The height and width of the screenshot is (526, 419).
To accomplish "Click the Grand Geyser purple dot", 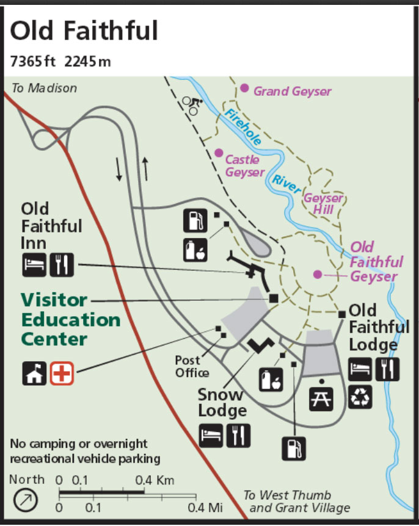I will (244, 88).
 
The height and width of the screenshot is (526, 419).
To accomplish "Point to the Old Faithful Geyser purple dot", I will (317, 275).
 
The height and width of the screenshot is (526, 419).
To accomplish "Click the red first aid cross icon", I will (62, 373).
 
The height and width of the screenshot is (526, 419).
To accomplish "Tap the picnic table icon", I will (322, 397).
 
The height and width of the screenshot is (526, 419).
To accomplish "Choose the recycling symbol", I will (360, 397).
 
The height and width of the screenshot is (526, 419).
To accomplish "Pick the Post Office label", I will (192, 366).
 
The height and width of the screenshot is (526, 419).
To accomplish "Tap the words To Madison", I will (45, 88).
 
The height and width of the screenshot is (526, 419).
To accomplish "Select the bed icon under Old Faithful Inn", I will (34, 264).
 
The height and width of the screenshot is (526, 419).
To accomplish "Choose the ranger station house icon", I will (34, 373).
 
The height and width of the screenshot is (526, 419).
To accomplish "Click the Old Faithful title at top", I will (84, 30).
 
